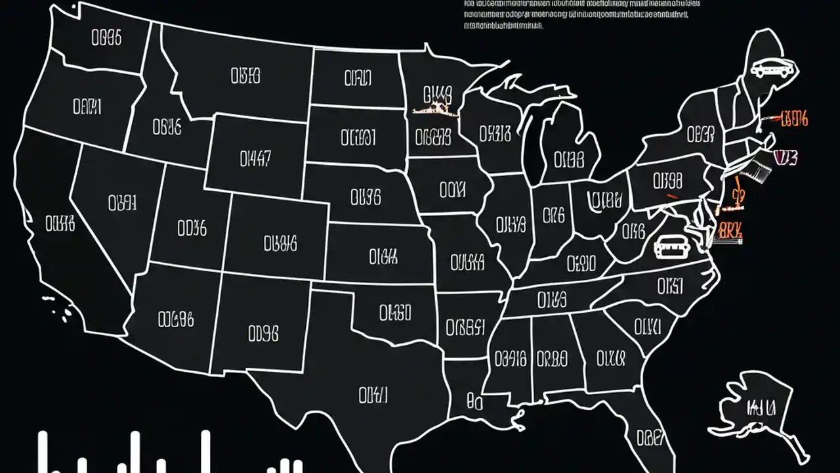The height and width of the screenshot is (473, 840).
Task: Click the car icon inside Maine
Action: click(x=772, y=68)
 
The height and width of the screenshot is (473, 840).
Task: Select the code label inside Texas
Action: click(x=373, y=395)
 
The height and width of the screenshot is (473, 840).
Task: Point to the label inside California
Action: click(x=60, y=225)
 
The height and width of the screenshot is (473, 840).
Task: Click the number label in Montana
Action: click(x=245, y=76)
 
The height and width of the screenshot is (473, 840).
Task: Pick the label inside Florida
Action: click(x=651, y=437)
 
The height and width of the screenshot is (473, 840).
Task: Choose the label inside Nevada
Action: click(x=122, y=202)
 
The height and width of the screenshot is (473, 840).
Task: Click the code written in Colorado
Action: click(x=280, y=244)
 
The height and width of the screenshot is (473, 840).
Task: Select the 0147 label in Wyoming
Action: click(x=255, y=158)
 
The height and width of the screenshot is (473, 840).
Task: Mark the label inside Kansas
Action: click(x=383, y=256)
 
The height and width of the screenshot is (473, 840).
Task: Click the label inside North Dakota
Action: click(x=358, y=79)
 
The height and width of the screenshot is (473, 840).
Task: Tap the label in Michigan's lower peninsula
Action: click(x=568, y=160)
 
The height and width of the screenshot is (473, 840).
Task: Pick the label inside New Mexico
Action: click(x=264, y=334)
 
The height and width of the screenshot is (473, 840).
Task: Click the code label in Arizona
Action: click(x=176, y=320)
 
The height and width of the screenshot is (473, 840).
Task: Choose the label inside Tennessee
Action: click(x=551, y=300)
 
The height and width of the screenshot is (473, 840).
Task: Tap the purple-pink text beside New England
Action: click(x=786, y=158)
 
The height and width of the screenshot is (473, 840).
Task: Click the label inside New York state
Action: click(x=700, y=135)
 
